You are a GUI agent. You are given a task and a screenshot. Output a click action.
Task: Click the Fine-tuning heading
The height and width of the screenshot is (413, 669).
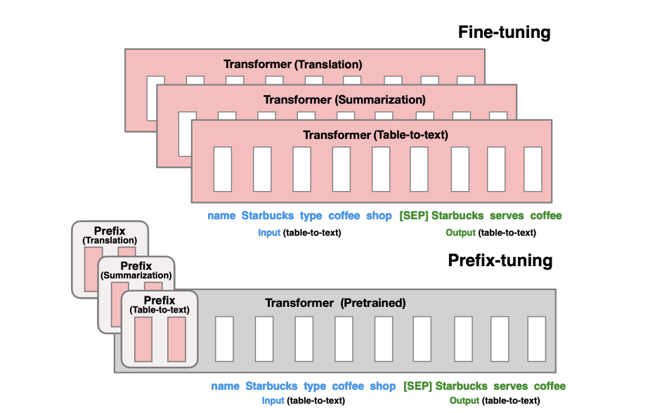coord(504,32)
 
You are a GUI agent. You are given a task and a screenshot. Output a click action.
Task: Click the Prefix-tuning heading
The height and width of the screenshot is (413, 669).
coord(500,261)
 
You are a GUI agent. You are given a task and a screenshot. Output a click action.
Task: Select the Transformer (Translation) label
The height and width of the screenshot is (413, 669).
coord(293,65)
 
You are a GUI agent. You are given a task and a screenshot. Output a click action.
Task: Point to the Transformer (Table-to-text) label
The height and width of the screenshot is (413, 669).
coord(375,134)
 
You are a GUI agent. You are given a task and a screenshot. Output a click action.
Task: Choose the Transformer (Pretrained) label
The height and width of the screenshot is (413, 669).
coord(335,303)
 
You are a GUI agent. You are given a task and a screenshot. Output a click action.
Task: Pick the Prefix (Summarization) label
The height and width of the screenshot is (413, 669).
coord(136,270)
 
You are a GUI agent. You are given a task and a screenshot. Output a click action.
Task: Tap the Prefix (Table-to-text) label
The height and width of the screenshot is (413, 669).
coord(160,304)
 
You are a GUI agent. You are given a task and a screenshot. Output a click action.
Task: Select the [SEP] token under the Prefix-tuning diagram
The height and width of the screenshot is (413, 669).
coord(417,386)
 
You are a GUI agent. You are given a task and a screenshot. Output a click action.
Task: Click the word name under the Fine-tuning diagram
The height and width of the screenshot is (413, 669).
coord(221,216)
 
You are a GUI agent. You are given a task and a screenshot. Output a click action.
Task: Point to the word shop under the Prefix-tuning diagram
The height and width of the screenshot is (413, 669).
coord(383,386)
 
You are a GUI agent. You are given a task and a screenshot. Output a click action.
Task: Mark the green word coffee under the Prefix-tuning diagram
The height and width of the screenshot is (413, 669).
coord(550,386)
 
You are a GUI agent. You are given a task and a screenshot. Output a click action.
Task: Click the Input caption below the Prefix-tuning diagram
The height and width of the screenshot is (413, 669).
coord(273,400)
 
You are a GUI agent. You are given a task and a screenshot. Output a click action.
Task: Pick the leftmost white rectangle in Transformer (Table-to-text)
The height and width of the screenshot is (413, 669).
coord(223,169)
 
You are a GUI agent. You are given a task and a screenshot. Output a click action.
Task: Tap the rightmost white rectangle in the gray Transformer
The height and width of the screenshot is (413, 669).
coord(536,340)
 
